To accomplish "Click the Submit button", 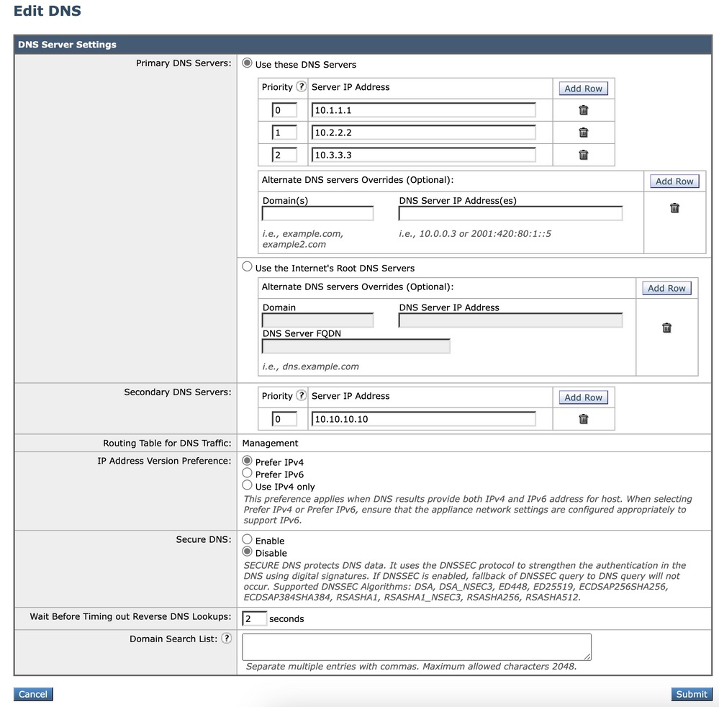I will pos(691,694).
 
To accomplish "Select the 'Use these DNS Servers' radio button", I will pos(248,63).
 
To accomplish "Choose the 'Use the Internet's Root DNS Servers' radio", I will pos(248,267).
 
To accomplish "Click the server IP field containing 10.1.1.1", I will pos(423,110).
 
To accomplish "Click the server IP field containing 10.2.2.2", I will pos(423,132).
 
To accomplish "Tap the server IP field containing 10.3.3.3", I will pos(423,155).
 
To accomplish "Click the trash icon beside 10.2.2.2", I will pos(584,132).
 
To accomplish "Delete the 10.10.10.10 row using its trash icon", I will pos(584,419).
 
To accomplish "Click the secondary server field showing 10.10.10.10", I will pos(423,419).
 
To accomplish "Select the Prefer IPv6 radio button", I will pos(248,474).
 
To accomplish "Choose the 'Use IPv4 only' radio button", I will pos(248,486).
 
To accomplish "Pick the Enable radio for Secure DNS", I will pos(248,540).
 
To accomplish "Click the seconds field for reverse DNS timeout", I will pos(254,619).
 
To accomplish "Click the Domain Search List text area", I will pos(417,647).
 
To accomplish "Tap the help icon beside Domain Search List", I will pos(227,639).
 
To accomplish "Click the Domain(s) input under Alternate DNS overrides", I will pos(317,214).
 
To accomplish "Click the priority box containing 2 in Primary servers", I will pos(284,155).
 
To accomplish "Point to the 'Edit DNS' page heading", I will pos(48,12).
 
